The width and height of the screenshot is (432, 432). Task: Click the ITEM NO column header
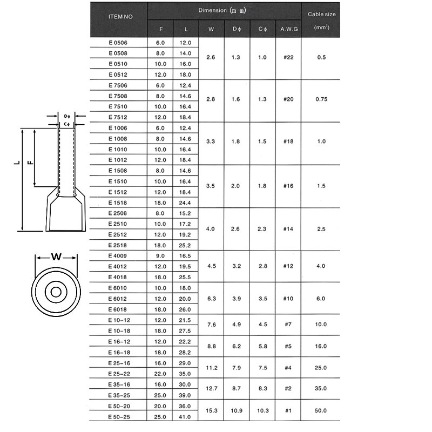(x=120, y=16)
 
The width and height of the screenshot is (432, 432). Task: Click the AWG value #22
(x=287, y=57)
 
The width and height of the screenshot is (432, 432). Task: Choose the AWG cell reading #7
(x=287, y=325)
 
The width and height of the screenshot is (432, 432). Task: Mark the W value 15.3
(x=211, y=411)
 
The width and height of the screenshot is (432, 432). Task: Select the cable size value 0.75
(x=321, y=99)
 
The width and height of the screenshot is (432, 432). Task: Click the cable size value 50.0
(x=321, y=411)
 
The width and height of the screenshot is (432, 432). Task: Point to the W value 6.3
(x=211, y=299)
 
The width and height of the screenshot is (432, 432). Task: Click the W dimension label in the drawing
(x=56, y=257)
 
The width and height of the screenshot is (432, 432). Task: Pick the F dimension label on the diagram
(x=30, y=163)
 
